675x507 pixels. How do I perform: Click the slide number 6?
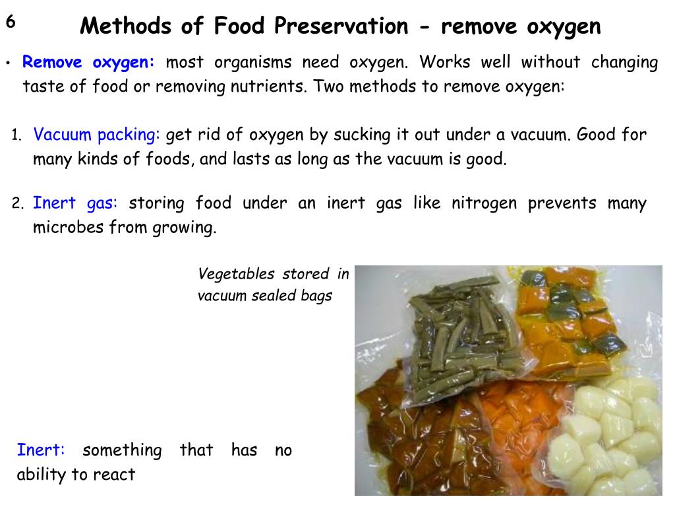click(x=11, y=22)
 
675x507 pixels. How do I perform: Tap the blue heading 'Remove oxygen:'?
click(x=88, y=63)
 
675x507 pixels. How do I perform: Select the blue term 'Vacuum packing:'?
click(x=97, y=135)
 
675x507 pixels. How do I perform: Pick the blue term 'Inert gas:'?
click(x=75, y=203)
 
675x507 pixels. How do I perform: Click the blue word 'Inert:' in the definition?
click(x=41, y=450)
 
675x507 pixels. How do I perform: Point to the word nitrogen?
click(x=484, y=203)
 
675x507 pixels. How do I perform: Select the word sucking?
click(x=362, y=135)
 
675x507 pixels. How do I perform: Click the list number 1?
click(x=16, y=137)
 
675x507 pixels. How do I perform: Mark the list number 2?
click(x=18, y=203)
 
